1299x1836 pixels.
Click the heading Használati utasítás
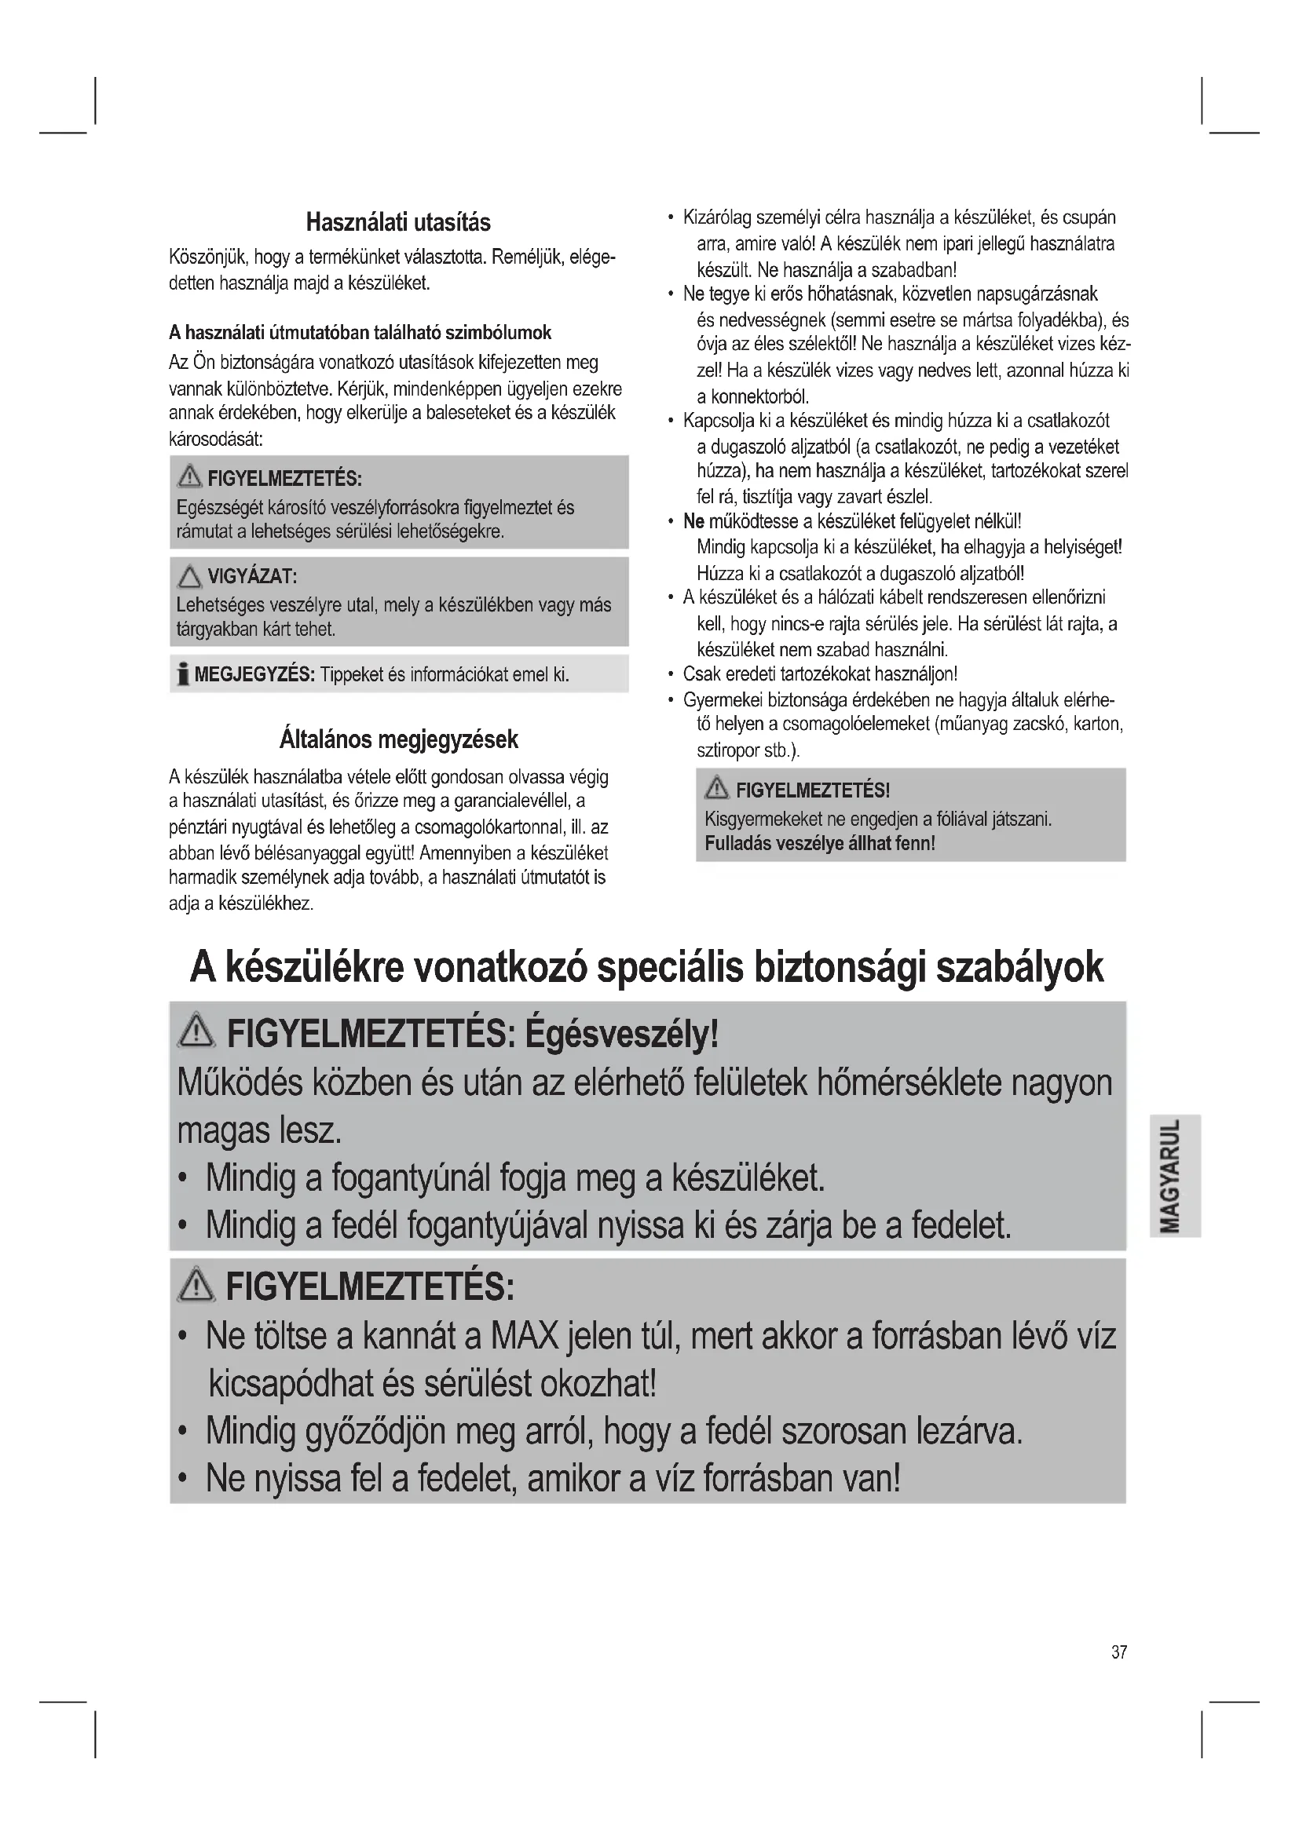(x=398, y=222)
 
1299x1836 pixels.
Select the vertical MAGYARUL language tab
(x=1174, y=1176)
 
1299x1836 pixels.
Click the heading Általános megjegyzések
(x=398, y=739)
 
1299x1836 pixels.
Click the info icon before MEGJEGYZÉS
(x=183, y=675)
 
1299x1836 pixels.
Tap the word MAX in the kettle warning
(x=524, y=1338)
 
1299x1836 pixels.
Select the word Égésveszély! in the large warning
(x=621, y=1035)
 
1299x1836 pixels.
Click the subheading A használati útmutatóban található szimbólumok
(x=360, y=333)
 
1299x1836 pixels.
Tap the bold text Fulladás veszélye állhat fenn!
(x=819, y=844)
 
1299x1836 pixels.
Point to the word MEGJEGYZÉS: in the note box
(x=254, y=675)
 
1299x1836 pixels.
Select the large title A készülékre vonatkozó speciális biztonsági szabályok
(x=646, y=969)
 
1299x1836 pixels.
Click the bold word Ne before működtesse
(x=693, y=522)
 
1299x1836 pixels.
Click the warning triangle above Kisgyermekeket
(x=716, y=790)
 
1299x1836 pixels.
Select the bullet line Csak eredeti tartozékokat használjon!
(x=820, y=674)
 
